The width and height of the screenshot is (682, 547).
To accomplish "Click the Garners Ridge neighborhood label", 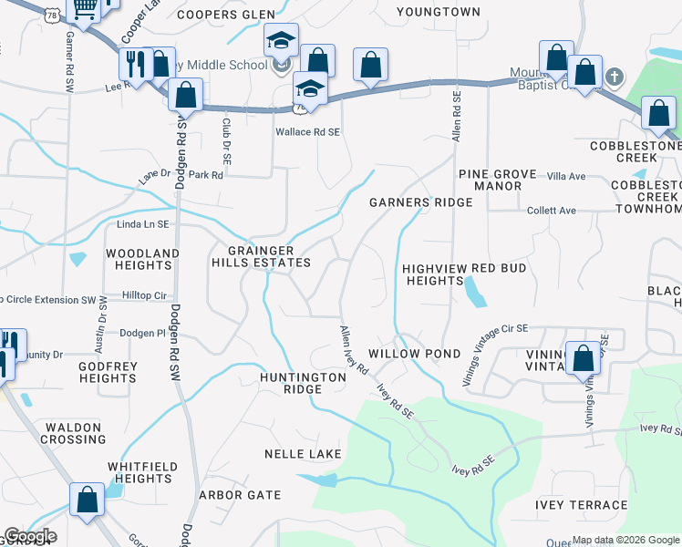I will tap(420, 202).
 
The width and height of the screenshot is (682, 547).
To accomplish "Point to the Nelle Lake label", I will tap(303, 454).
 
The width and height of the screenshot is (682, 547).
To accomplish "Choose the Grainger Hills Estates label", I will tap(262, 256).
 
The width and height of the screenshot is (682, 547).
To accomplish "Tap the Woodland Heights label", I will tap(142, 259).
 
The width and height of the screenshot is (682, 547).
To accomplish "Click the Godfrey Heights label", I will tap(108, 372).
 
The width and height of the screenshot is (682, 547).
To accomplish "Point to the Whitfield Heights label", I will tap(139, 472).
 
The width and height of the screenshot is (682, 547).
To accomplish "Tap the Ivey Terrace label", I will tap(582, 505).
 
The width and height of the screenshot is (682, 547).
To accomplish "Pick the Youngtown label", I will tap(438, 12).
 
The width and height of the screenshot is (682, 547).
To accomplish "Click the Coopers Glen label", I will tap(226, 14).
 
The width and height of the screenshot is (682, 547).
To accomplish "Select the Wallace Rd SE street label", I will tap(308, 132).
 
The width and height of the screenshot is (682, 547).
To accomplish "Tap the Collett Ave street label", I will tap(552, 211).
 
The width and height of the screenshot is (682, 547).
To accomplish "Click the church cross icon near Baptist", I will tap(615, 77).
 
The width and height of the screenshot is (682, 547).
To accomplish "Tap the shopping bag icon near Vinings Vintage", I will tap(583, 358).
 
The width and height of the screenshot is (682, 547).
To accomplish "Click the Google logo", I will tap(30, 536).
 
